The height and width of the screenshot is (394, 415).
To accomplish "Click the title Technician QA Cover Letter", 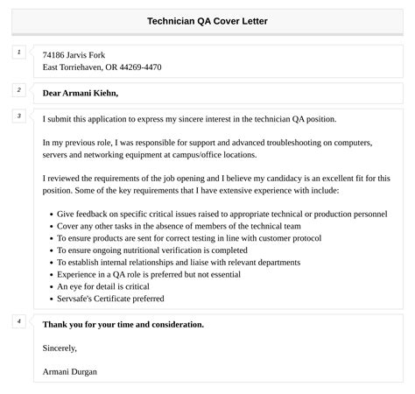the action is (207, 21).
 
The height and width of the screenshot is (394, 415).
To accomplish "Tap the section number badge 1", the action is (18, 53).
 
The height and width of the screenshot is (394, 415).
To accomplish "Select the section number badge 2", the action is (18, 90).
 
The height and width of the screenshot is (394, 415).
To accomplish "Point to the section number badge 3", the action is (18, 116).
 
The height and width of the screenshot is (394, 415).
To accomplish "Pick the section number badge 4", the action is (18, 321).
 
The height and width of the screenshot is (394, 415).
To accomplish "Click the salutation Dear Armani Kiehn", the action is (80, 93).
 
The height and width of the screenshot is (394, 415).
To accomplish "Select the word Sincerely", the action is (60, 348).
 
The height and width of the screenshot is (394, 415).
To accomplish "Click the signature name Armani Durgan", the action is (70, 371).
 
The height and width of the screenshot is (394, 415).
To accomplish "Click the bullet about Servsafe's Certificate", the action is (110, 299).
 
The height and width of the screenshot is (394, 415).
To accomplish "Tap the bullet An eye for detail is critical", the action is (103, 286).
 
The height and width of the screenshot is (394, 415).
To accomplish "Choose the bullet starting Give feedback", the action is (222, 213).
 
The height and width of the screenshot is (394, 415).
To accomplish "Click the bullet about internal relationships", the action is (179, 262).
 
